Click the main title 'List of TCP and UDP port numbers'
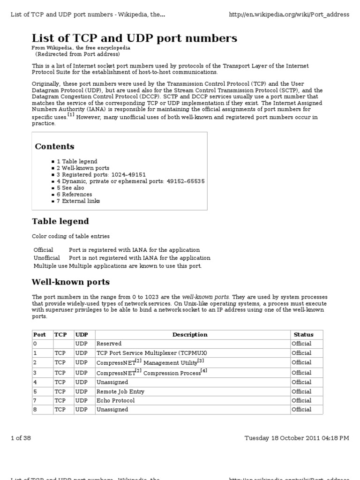134,38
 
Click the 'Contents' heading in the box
54,146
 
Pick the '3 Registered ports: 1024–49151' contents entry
102,174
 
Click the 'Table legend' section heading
60,221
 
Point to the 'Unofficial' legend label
47,258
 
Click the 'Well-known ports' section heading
70,282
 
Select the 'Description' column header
190,335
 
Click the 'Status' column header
303,335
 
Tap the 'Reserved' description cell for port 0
109,344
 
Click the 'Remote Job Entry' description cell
120,391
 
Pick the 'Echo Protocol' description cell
115,400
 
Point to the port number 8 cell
35,409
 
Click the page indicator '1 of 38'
21,438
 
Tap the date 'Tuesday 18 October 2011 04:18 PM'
297,438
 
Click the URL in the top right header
289,15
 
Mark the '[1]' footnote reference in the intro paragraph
70,115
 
